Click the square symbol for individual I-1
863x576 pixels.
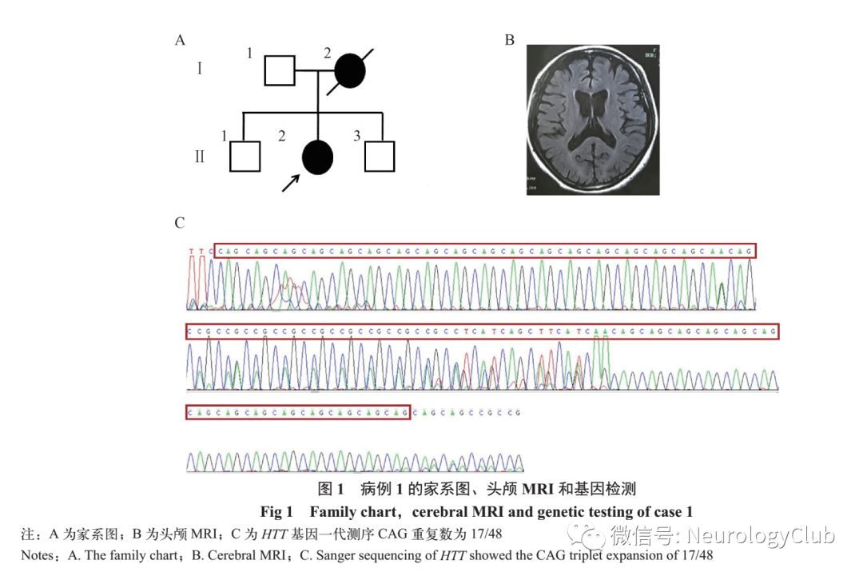279,70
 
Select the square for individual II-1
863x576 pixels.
245,156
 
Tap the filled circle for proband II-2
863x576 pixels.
317,157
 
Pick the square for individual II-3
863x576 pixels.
380,156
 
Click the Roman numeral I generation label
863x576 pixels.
200,69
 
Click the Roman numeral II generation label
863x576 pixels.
200,156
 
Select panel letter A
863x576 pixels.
181,40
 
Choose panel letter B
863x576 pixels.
509,40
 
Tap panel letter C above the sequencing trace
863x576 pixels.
180,223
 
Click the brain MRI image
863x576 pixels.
592,120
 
